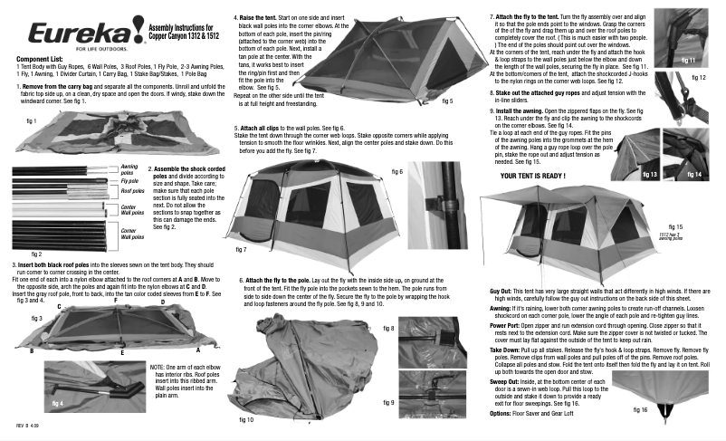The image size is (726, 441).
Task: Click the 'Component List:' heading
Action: pos(42,59)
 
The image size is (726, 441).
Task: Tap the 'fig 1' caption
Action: pos(31,120)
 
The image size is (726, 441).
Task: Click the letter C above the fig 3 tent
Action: pos(59,308)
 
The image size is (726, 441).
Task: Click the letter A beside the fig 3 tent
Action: pos(197,350)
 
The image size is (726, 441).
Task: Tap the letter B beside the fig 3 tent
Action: pos(32,350)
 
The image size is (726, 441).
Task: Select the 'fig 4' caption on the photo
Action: pos(58,401)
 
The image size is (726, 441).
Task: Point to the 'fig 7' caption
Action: pos(241,248)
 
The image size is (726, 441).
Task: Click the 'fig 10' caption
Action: pos(247,420)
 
